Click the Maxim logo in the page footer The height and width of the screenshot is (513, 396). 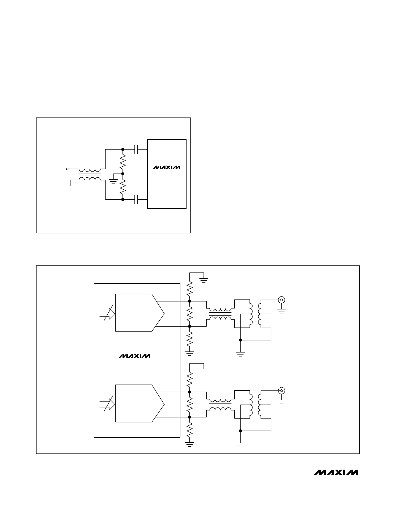(x=335, y=473)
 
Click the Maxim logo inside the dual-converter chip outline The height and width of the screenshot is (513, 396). (x=134, y=356)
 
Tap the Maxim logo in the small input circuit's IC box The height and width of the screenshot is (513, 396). (x=166, y=168)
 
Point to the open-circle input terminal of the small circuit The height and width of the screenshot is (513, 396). (x=67, y=169)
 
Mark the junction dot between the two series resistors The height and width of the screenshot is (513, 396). (x=123, y=174)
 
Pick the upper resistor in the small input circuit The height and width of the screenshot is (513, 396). (x=123, y=162)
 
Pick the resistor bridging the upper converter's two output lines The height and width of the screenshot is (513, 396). (x=190, y=314)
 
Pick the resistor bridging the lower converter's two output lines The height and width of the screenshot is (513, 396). (x=190, y=405)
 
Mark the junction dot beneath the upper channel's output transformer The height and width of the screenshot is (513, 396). (x=240, y=340)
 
